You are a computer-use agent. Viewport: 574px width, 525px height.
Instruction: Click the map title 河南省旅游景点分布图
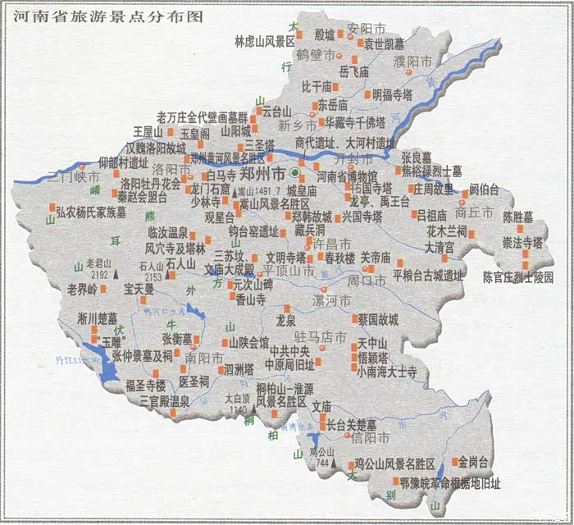pos(102,16)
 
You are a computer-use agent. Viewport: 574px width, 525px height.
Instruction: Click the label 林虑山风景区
pos(264,40)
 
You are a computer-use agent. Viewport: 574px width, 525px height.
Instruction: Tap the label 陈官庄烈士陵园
pos(518,277)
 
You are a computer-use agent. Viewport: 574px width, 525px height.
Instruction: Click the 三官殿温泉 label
pos(164,401)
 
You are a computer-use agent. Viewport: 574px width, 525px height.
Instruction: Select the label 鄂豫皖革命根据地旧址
pos(449,482)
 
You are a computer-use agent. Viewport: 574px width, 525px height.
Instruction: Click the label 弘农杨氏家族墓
pos(91,212)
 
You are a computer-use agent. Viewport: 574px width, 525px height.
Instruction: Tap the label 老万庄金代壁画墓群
pos(202,116)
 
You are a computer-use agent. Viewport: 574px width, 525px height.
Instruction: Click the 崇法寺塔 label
pos(523,243)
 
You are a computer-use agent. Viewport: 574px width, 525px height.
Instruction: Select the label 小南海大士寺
pos(387,372)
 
